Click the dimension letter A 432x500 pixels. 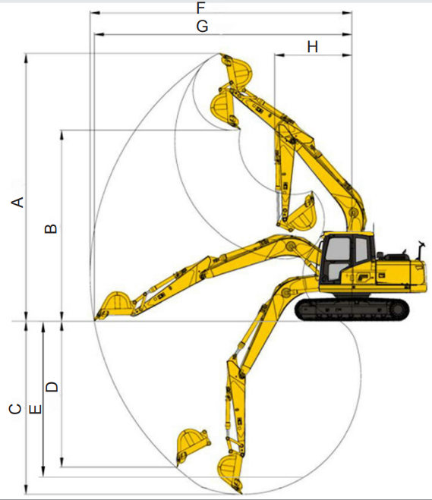(18, 203)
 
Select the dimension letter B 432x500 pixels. (51, 228)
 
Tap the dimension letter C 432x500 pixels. (15, 409)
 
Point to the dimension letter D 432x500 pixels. (52, 386)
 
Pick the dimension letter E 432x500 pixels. (35, 410)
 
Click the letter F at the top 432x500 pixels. (200, 8)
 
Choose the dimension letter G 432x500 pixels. (202, 27)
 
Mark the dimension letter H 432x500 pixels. (312, 47)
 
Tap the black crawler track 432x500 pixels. (352, 310)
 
